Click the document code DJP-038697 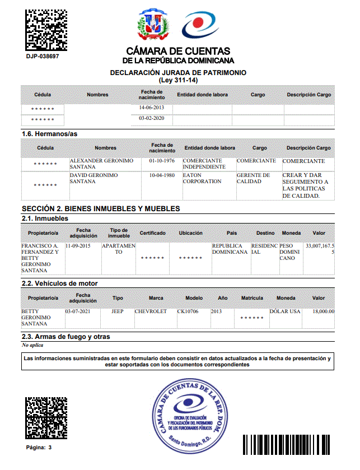43,56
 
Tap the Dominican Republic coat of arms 152,25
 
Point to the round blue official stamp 192,415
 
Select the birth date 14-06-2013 151,108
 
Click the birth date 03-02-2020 151,119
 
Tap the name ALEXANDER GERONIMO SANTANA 101,164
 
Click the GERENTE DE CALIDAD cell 253,178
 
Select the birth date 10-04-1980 162,175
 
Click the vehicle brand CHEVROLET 151,311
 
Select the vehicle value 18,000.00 323,311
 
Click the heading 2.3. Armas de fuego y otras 66,337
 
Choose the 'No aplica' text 33,345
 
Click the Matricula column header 251,298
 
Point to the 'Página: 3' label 39,448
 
